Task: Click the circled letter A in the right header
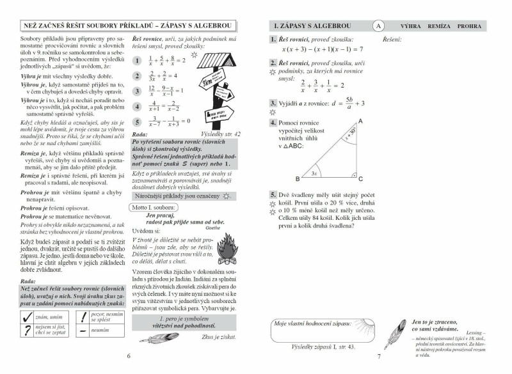(x=378, y=26)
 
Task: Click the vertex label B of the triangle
(x=297, y=179)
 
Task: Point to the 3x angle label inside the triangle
(x=314, y=173)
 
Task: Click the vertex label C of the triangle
(x=365, y=179)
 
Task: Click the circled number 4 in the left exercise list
(x=136, y=107)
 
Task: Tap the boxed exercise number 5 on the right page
(x=273, y=194)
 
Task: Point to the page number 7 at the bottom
(x=378, y=357)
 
